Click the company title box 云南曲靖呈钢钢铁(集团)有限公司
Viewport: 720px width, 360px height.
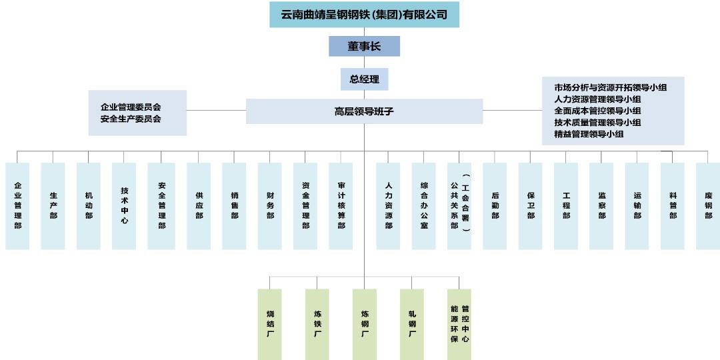point(364,15)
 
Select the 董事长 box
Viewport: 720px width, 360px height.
point(364,46)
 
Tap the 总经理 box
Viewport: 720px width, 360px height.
point(364,79)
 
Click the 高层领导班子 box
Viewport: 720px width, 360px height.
point(364,111)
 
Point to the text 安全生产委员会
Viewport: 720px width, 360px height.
point(131,119)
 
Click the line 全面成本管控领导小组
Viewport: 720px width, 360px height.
point(597,111)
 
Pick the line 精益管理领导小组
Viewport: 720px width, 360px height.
point(589,134)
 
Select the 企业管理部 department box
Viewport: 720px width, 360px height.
point(17,206)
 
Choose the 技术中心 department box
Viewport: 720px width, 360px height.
point(125,206)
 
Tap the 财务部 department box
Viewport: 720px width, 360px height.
point(270,206)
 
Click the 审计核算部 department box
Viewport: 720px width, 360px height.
point(341,206)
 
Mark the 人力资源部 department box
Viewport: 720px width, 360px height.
point(388,206)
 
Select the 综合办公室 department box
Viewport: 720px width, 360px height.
point(424,206)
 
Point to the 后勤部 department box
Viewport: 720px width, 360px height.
point(495,206)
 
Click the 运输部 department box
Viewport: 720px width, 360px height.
point(637,206)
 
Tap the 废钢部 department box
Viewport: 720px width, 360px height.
point(708,206)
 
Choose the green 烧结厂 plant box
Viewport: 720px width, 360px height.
point(270,323)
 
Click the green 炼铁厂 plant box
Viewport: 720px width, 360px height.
point(317,323)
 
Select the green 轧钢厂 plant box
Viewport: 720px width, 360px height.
point(412,323)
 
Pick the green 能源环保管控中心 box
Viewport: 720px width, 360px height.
point(459,323)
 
